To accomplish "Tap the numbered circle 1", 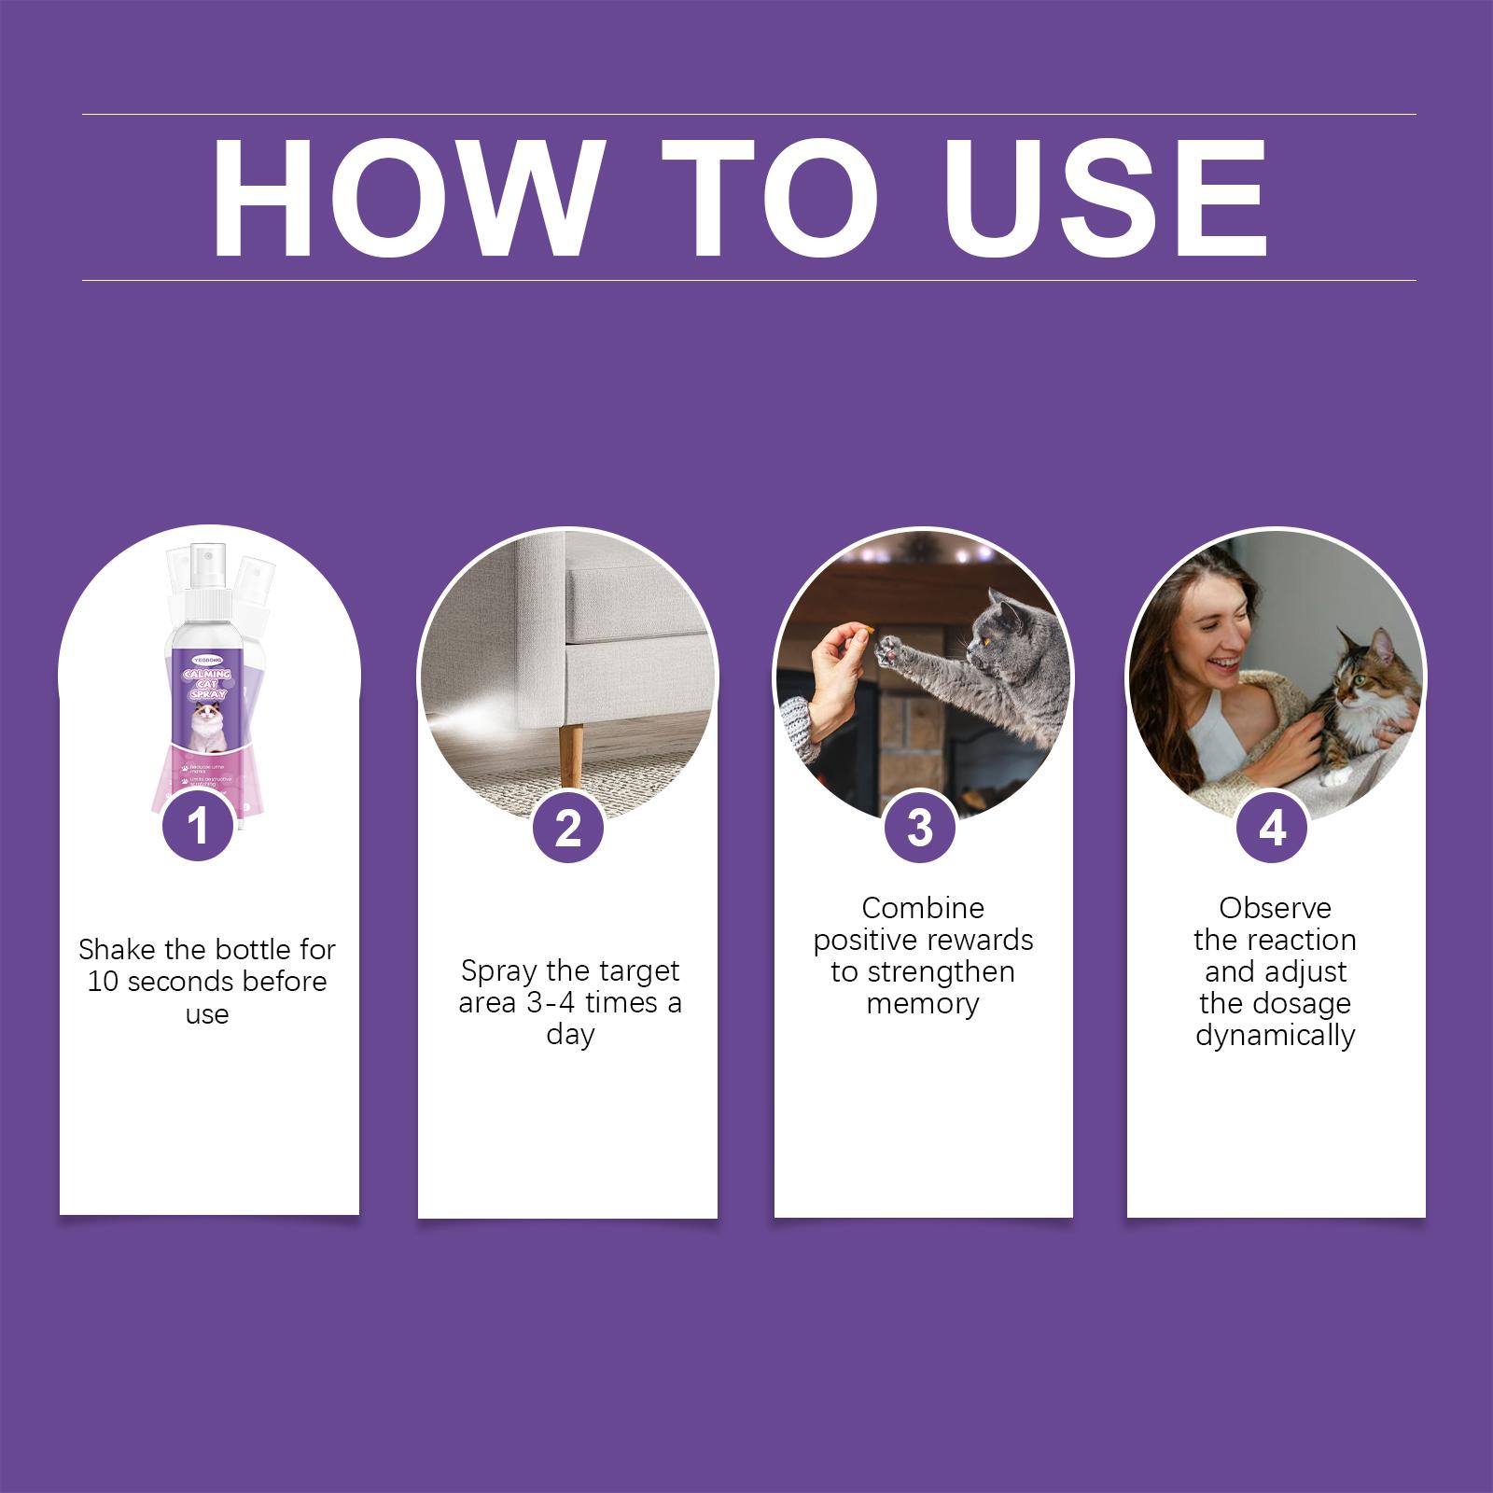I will (x=198, y=827).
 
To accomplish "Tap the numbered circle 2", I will (x=568, y=827).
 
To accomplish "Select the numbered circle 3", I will (x=920, y=827).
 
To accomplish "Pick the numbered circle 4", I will (x=1273, y=827).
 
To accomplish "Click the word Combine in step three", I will (x=922, y=908).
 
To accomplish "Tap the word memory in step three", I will (x=922, y=1004).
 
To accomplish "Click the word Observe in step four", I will (x=1275, y=908).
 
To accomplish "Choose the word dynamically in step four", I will (x=1275, y=1036).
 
